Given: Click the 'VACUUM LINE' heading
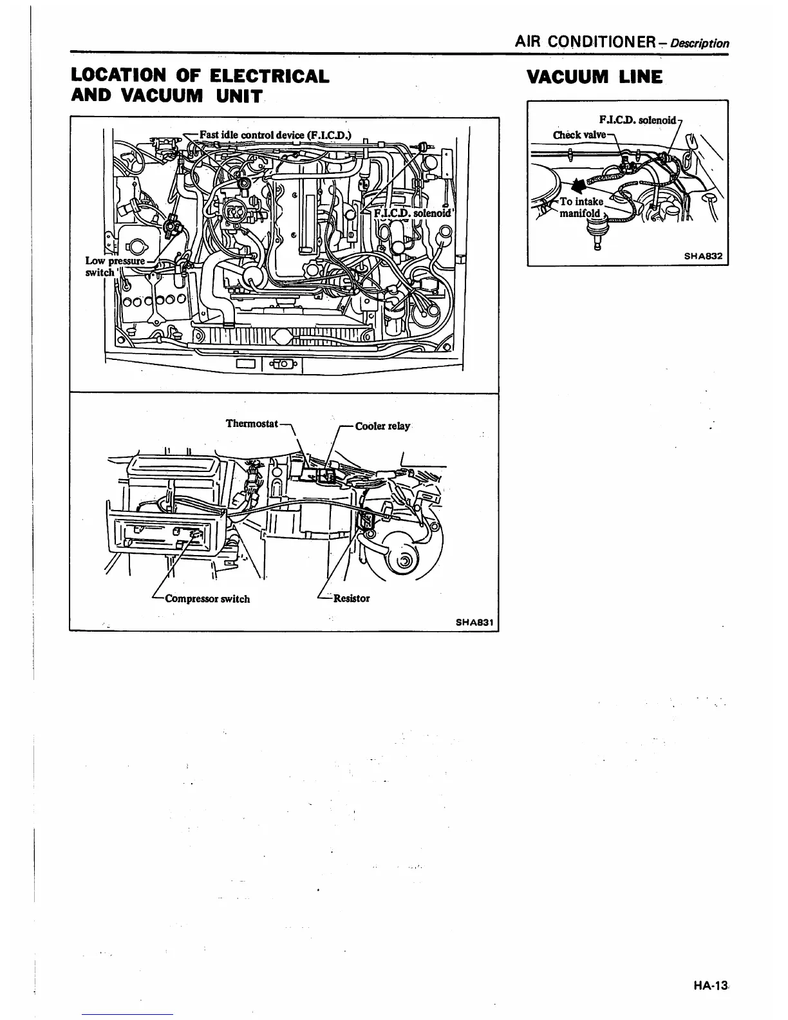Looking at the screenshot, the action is [x=594, y=77].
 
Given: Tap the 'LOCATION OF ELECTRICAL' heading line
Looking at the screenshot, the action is [x=200, y=75].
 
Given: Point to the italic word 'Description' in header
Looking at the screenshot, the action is [x=699, y=44].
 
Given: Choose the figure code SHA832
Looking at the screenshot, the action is [x=703, y=256].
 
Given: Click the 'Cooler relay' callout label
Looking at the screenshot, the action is [x=382, y=426].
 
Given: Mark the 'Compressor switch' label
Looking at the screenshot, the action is [x=207, y=599].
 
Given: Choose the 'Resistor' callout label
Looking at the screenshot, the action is [x=352, y=598].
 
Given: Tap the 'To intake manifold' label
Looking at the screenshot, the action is [x=581, y=207].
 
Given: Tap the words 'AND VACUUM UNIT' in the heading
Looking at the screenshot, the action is [x=167, y=96].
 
